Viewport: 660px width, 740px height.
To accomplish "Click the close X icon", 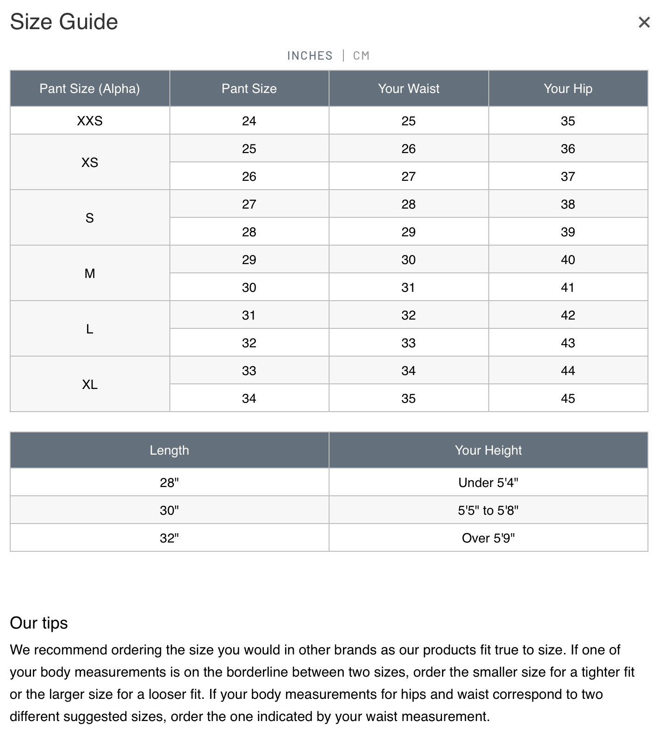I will [644, 22].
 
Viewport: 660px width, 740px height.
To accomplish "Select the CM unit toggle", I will [361, 56].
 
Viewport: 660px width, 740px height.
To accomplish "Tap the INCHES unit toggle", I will [310, 56].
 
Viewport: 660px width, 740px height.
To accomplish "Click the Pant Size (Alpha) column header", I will [90, 88].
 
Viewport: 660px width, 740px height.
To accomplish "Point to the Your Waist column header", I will [409, 88].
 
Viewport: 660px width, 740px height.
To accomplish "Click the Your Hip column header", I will [568, 88].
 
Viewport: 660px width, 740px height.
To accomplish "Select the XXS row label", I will [90, 121].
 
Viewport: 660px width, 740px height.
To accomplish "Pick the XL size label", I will [90, 384].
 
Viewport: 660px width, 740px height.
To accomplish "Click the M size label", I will [90, 273].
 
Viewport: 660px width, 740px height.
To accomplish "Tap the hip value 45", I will [568, 398].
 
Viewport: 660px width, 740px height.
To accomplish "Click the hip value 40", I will [568, 259].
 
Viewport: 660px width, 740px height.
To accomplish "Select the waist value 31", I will [408, 287].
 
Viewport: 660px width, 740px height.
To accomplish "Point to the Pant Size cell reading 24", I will [249, 121].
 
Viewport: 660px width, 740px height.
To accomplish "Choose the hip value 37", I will [568, 176].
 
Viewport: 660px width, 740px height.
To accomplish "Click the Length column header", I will [169, 450].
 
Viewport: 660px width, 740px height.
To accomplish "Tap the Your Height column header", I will [488, 450].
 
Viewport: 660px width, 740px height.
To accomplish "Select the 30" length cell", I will [169, 510].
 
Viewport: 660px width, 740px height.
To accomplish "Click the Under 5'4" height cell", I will [488, 482].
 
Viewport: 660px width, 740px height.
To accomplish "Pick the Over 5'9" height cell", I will [488, 538].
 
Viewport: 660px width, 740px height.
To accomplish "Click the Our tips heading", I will [39, 623].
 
